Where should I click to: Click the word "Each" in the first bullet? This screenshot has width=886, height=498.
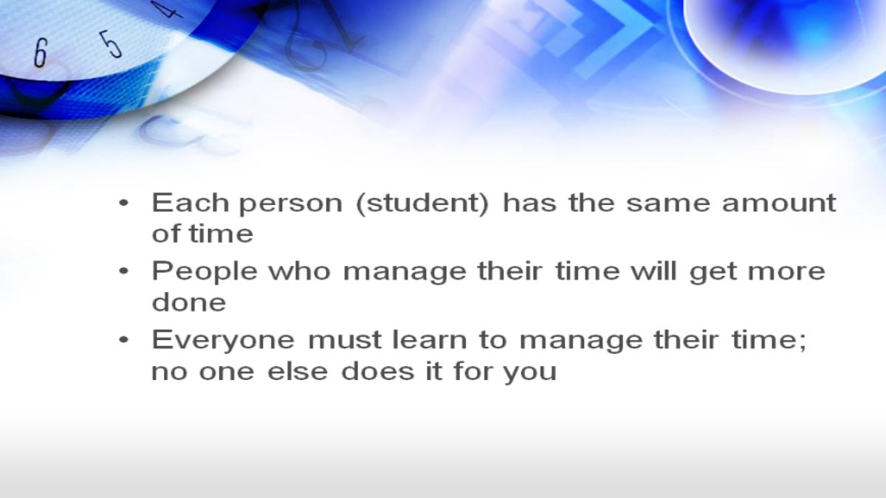pos(190,202)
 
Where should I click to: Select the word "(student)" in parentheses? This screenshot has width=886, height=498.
pos(422,204)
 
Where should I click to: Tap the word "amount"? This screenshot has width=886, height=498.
pos(779,203)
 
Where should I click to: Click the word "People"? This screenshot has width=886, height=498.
pos(205,273)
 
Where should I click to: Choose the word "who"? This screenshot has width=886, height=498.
pos(300,272)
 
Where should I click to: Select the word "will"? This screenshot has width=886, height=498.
pos(653,272)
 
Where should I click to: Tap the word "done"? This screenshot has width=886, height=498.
pos(189,302)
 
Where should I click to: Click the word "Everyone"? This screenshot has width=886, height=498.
pos(223,342)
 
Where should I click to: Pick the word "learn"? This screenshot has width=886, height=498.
pos(430,340)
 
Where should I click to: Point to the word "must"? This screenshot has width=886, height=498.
pos(345,341)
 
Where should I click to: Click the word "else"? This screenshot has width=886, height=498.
pos(298,371)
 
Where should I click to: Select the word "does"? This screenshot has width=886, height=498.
pos(378,371)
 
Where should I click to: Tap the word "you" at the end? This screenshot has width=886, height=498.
pos(530,374)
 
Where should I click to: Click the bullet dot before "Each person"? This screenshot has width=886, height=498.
pos(124,204)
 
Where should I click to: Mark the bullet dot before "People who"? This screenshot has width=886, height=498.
pos(124,272)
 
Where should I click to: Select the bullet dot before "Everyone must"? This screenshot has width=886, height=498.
pos(124,340)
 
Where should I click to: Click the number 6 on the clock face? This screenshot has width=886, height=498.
pos(41,53)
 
